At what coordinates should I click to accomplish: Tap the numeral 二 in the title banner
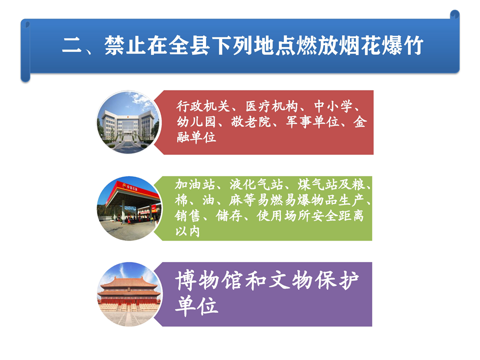[x=72, y=46]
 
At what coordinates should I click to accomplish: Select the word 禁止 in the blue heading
[x=125, y=46]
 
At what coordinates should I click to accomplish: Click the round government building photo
[x=128, y=122]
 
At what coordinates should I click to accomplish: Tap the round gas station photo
[x=129, y=208]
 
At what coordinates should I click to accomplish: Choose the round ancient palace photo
[x=129, y=294]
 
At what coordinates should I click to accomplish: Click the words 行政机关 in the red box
[x=202, y=106]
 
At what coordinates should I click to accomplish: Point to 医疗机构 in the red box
[x=271, y=106]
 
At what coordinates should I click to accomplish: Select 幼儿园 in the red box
[x=196, y=122]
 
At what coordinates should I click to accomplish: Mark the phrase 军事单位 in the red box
[x=312, y=122]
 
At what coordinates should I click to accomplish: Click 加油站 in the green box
[x=194, y=184]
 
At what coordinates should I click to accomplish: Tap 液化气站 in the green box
[x=256, y=184]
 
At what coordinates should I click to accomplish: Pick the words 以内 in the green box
[x=187, y=231]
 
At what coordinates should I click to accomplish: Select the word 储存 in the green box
[x=229, y=216]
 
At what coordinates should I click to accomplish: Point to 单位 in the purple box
[x=196, y=305]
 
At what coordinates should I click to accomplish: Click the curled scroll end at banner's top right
[x=454, y=14]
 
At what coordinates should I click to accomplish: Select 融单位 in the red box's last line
[x=196, y=137]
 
